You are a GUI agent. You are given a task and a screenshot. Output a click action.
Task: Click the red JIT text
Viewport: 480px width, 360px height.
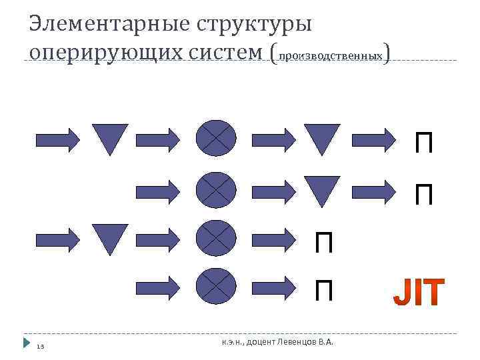coord(418,292)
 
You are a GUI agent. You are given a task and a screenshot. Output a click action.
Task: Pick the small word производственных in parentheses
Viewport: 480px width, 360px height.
coord(330,56)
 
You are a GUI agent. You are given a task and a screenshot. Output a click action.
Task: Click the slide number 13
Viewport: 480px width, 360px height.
coord(40,345)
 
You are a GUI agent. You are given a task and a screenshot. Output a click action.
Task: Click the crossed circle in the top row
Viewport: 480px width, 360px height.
coord(216,138)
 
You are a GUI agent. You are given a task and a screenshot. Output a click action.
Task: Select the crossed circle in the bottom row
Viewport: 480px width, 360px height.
coord(216,286)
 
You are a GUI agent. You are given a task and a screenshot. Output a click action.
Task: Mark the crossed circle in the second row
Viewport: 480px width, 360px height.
coord(216,189)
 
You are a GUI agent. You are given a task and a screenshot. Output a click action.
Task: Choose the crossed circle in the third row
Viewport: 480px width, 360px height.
coord(216,238)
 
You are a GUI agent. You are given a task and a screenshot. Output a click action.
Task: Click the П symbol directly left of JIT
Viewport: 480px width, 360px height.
coord(324,291)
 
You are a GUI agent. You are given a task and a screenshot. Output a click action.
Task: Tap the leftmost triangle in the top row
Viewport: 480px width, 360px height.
coord(110,137)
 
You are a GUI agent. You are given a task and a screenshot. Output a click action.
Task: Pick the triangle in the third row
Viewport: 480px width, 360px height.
coord(110,237)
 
